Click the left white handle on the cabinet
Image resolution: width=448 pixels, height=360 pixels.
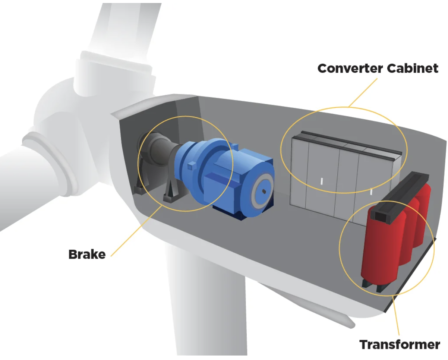click(322, 181)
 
